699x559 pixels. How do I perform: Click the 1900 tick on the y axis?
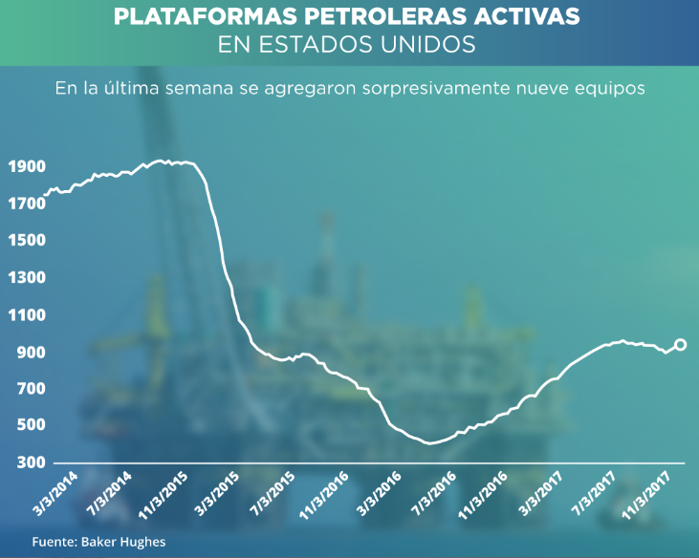click(25, 166)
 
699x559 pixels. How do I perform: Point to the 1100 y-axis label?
click(25, 315)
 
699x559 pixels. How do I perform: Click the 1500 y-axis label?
click(25, 241)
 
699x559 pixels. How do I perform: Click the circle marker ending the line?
click(681, 345)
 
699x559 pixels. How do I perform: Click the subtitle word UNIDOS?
click(420, 44)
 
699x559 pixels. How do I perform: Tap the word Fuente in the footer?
click(51, 542)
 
